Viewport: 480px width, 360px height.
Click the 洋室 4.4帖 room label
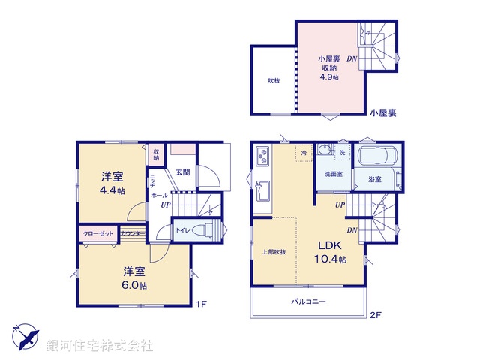tap(113, 184)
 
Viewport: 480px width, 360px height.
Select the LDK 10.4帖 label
tap(328, 251)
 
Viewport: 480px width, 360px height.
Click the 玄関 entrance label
tap(183, 172)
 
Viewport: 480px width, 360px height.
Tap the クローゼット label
tap(97, 234)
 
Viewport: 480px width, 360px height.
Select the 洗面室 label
tap(334, 174)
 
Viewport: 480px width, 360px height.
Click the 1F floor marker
tap(201, 304)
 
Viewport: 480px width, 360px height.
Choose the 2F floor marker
tap(375, 315)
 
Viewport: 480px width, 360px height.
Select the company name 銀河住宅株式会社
tap(99, 346)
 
